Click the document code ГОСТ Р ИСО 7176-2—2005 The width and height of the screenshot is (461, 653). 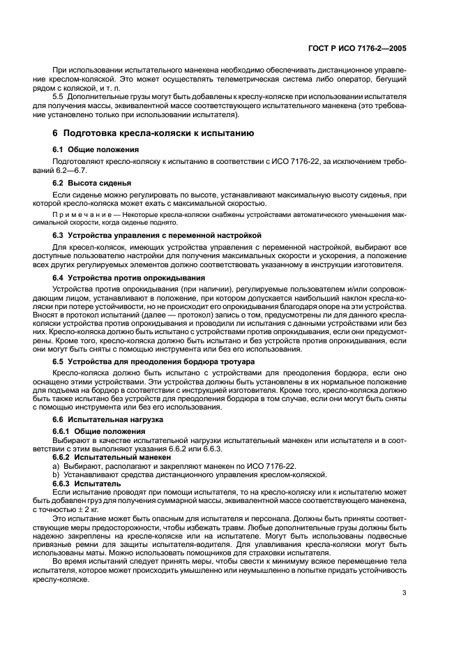pos(356,50)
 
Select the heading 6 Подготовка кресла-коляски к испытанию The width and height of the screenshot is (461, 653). pos(153,133)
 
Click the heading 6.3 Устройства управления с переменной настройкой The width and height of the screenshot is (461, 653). pos(157,235)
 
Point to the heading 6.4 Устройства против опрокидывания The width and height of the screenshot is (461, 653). pos(129,278)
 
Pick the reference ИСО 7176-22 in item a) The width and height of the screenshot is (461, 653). pos(270,465)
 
